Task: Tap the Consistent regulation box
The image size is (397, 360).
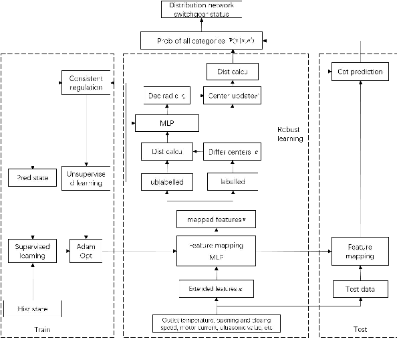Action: click(x=86, y=83)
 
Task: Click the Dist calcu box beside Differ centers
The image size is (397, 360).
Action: click(x=166, y=152)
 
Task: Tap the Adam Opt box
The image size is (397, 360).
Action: click(x=86, y=250)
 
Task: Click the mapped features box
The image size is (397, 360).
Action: click(x=217, y=219)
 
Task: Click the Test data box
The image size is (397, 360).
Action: click(x=360, y=289)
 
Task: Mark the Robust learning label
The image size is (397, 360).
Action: click(x=290, y=134)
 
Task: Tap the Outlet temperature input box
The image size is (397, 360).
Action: click(x=217, y=323)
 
